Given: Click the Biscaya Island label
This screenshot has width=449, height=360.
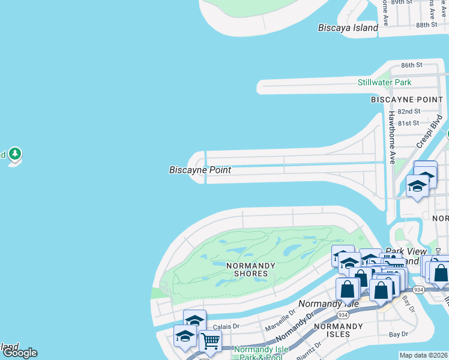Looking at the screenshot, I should coord(348,28).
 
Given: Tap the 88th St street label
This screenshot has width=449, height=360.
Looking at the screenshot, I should coord(427,25).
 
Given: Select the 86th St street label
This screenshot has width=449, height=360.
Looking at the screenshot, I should coord(412,65).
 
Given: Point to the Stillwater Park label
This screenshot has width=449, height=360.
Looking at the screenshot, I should coord(384,82).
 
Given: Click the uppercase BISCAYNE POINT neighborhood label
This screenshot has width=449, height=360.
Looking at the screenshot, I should coord(406,99).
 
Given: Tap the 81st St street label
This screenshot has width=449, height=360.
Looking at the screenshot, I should coord(408,123).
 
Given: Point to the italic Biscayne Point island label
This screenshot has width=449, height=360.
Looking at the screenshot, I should coord(200,170).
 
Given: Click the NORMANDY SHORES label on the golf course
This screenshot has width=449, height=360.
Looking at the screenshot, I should coord(251,269).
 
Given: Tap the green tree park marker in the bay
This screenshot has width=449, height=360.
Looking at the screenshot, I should coord(15,155).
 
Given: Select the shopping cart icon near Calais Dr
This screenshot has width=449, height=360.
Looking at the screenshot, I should coord(210,341).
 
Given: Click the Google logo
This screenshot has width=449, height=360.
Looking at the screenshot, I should coord(20,353).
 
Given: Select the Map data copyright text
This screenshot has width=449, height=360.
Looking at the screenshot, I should coord(424,355).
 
